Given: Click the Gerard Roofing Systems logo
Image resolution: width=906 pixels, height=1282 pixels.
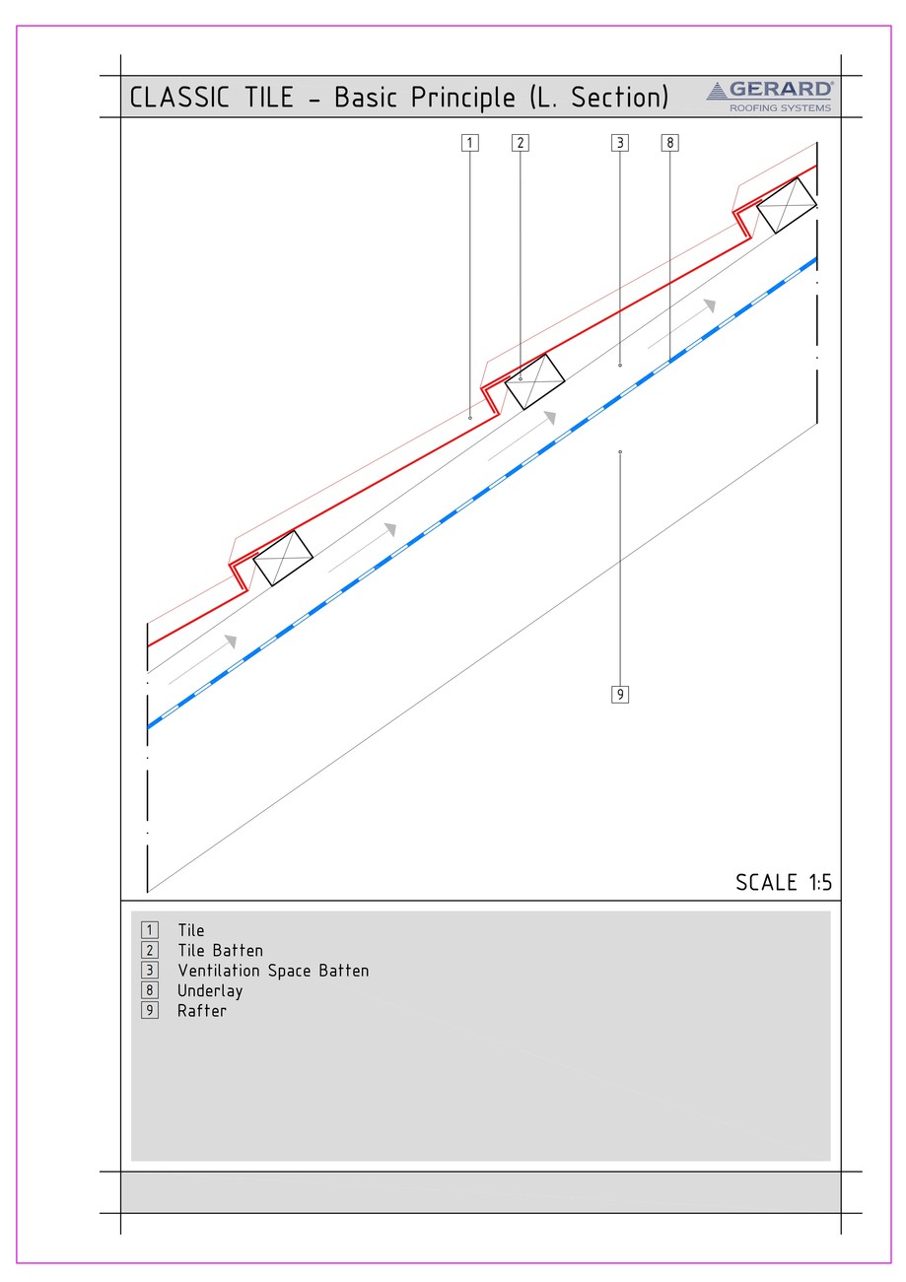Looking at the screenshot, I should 770,97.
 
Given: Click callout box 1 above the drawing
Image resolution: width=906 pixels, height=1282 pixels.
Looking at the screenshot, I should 470,143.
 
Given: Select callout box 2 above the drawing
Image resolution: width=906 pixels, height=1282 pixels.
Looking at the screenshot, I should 521,143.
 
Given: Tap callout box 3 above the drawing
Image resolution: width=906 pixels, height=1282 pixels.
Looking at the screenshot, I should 620,143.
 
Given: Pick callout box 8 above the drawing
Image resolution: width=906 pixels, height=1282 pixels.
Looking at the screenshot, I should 670,143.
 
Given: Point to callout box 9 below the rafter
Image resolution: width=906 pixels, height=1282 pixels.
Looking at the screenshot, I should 620,695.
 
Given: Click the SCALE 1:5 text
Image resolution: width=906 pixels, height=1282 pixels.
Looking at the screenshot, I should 784,882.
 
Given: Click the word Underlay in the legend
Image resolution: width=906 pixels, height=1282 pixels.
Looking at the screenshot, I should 210,990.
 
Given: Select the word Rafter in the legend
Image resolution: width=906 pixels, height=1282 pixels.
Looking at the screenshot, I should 202,1010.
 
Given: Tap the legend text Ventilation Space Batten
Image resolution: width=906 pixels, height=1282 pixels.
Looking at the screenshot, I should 273,971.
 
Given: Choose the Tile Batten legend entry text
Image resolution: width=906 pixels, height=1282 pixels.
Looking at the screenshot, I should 220,951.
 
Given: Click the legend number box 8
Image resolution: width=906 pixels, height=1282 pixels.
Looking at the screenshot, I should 150,990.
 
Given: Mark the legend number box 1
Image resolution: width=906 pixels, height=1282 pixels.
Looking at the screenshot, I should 150,930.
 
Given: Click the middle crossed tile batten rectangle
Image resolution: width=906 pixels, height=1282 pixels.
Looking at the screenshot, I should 535,381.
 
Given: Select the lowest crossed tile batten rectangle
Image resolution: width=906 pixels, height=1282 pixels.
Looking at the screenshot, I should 283,558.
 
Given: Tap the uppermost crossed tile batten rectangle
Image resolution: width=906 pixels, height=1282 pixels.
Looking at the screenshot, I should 787,205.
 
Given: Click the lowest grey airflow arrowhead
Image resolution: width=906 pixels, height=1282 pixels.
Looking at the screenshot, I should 231,641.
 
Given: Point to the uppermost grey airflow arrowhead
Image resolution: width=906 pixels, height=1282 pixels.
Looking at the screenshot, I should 709,304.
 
